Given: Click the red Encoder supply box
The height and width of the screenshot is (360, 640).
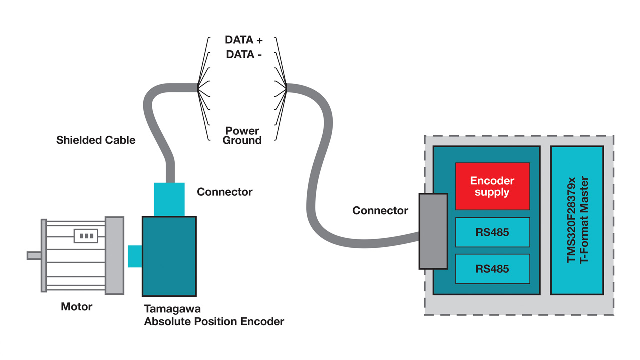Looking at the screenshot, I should click(x=492, y=186).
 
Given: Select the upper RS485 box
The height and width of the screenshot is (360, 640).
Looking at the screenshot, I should click(x=492, y=232).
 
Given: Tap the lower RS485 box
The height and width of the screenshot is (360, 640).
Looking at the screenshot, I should click(x=492, y=269).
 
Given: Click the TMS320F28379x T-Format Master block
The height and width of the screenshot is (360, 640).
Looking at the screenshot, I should click(x=577, y=220).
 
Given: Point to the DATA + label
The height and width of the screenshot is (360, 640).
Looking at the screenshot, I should click(x=244, y=40).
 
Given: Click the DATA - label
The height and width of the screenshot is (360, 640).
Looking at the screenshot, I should click(x=244, y=55).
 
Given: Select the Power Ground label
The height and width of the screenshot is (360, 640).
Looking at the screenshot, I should click(x=242, y=136).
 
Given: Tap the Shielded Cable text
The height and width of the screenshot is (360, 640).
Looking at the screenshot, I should click(x=96, y=140).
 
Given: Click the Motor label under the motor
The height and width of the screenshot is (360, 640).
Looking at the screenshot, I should click(x=76, y=306).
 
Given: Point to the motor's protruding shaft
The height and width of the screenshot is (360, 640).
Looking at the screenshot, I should click(x=34, y=255).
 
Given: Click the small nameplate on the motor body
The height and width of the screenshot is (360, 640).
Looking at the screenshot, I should click(x=86, y=236).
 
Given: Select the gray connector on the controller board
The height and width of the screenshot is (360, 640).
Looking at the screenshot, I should click(x=433, y=231).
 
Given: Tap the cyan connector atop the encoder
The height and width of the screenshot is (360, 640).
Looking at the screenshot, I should click(x=169, y=199).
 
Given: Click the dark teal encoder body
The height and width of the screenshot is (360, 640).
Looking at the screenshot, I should click(x=169, y=256).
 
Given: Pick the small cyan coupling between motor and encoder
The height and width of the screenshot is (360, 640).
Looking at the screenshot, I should click(x=135, y=256).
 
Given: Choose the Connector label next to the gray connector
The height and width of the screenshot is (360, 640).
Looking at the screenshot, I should click(x=380, y=211).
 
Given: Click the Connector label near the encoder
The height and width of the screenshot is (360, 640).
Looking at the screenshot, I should click(x=225, y=192).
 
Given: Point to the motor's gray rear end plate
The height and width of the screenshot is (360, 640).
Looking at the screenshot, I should click(x=114, y=255).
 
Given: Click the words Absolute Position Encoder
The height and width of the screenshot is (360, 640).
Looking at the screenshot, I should click(x=214, y=321).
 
